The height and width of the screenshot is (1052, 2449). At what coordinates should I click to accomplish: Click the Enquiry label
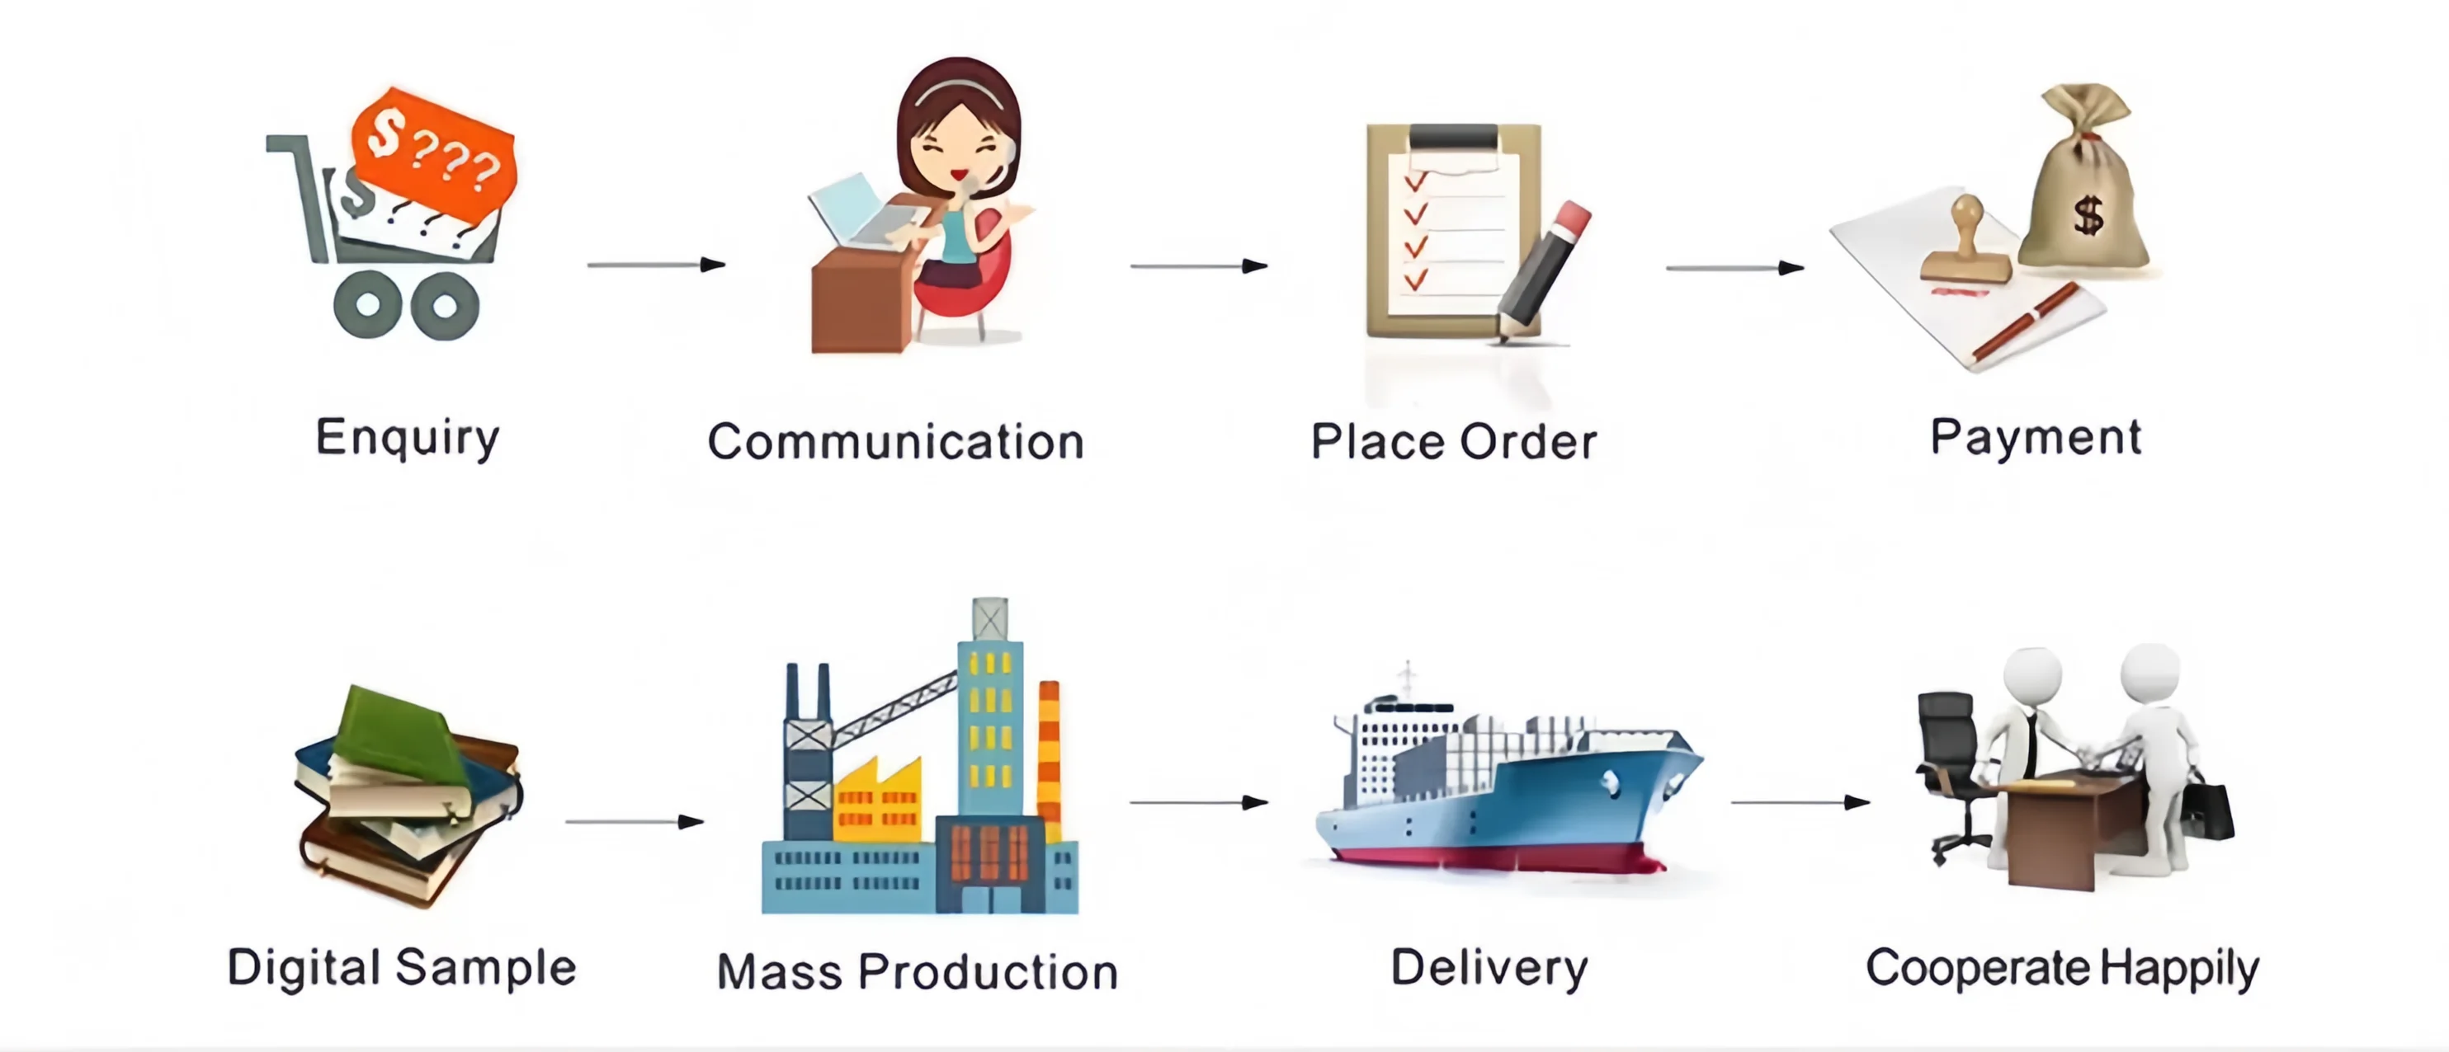pyautogui.click(x=407, y=438)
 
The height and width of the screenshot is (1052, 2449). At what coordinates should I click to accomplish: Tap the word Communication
pyautogui.click(x=895, y=442)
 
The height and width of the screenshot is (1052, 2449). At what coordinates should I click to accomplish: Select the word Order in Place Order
pyautogui.click(x=1528, y=442)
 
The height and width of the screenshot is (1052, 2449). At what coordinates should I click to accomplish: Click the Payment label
pyautogui.click(x=2036, y=438)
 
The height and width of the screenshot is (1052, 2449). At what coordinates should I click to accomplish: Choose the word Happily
pyautogui.click(x=2179, y=970)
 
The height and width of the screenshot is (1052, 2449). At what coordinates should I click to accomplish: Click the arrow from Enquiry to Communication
pyautogui.click(x=656, y=264)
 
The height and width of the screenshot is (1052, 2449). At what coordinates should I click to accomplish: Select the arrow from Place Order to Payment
pyautogui.click(x=1735, y=268)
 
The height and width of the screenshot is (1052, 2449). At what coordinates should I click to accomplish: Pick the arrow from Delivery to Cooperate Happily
pyautogui.click(x=1800, y=802)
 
